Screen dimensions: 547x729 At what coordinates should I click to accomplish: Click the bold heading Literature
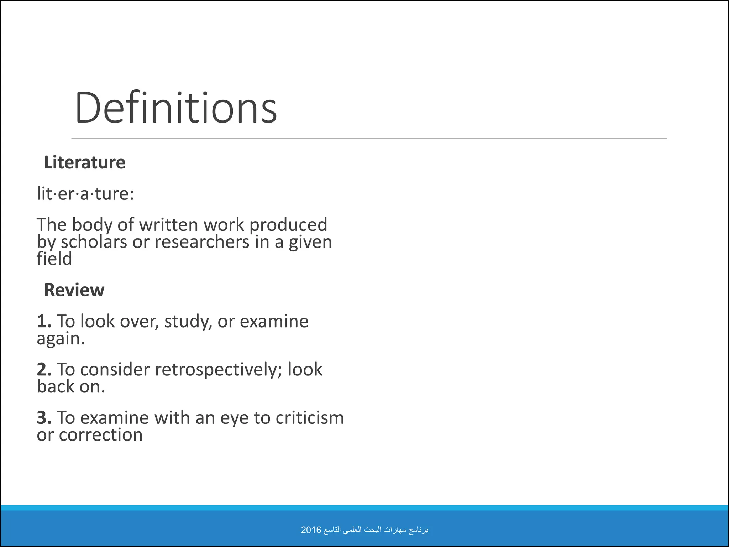[x=85, y=162]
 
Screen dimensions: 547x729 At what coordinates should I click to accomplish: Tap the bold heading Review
[x=74, y=290]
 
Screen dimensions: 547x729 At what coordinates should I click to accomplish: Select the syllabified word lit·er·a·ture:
[x=85, y=194]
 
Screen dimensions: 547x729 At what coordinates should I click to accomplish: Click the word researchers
[x=202, y=242]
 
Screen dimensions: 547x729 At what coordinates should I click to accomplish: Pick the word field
[x=54, y=259]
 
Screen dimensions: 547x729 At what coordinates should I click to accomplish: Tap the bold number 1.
[x=44, y=321]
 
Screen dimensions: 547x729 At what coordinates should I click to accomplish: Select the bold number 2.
[x=44, y=369]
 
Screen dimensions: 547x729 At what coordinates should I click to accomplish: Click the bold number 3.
[x=44, y=418]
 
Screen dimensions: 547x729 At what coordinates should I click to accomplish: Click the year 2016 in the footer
[x=311, y=530]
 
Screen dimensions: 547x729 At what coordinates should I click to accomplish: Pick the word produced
[x=288, y=225]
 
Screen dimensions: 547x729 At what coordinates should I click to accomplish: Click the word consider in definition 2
[x=115, y=370]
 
